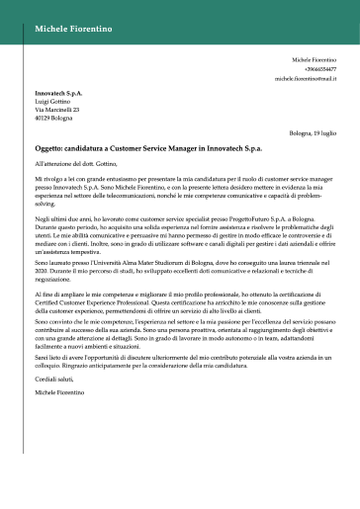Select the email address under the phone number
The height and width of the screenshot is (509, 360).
(x=307, y=78)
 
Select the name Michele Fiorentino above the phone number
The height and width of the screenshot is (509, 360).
(x=315, y=60)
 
